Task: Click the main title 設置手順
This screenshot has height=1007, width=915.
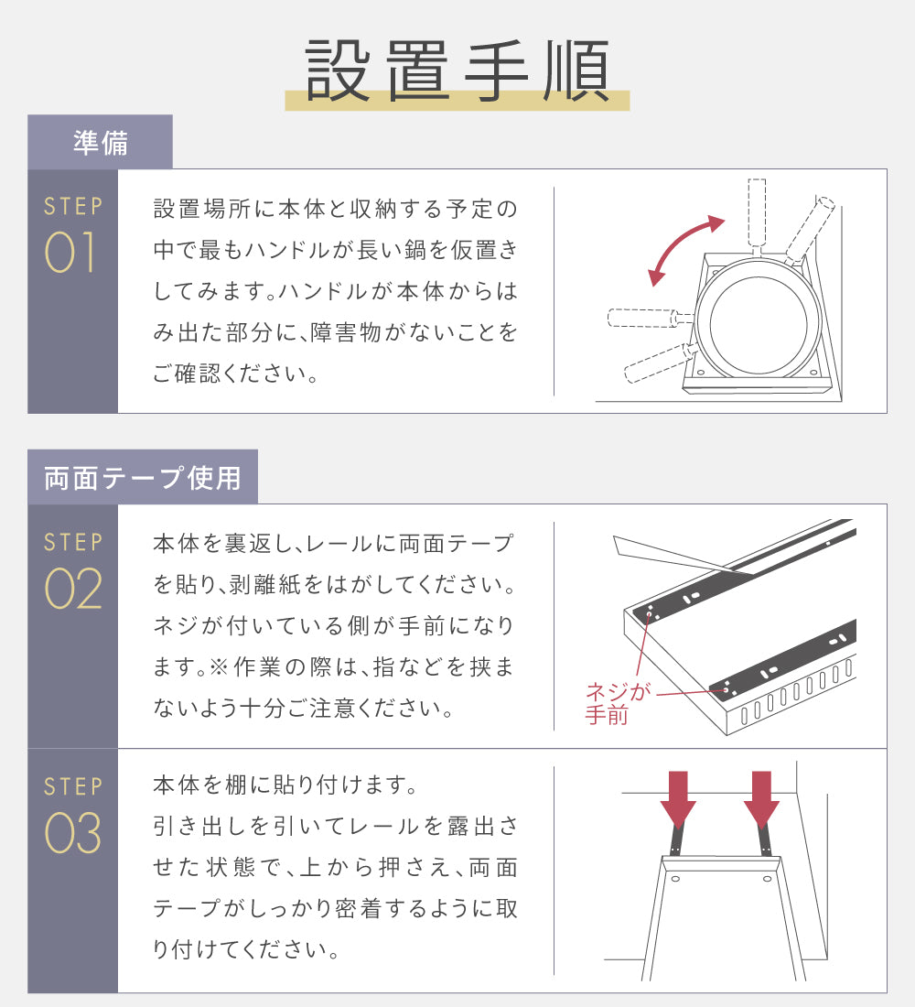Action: pos(457,70)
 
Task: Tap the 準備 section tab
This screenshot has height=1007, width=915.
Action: pos(100,142)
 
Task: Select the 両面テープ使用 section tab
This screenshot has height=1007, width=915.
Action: pos(143,477)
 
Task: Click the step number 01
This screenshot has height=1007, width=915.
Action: pos(70,252)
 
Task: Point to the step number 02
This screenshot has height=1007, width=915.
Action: pos(72,589)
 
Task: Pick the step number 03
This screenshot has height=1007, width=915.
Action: pos(72,832)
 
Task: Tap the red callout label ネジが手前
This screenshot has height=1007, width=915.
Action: pos(617,703)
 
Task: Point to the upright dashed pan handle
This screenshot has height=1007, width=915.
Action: pos(758,214)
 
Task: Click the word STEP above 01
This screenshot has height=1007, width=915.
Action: pos(73,206)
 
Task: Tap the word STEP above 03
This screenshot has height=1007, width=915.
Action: pos(73,786)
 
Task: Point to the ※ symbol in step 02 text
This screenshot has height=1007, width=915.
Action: pos(219,666)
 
